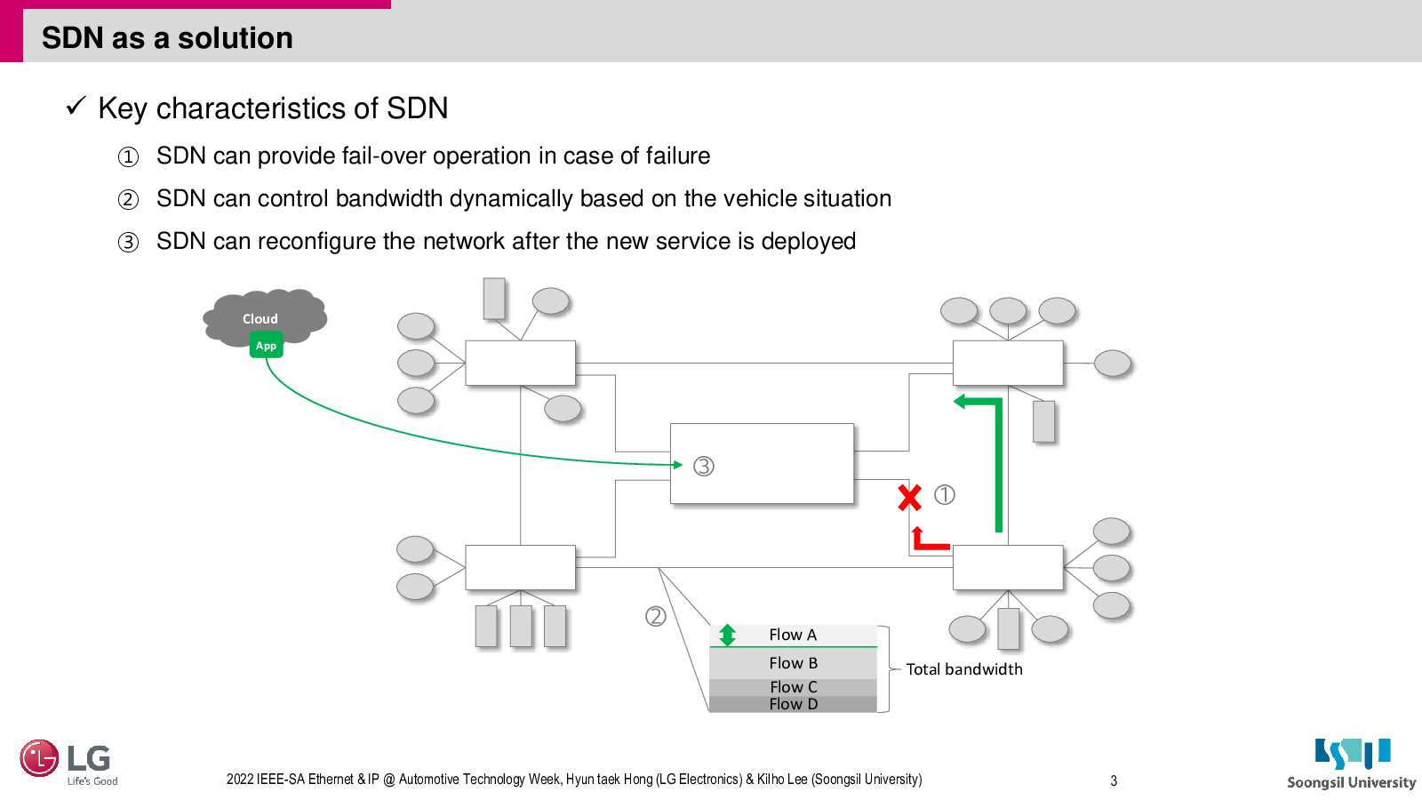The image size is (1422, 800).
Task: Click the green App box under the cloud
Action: point(266,346)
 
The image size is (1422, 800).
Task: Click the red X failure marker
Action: point(910,498)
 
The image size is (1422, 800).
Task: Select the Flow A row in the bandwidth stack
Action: point(793,636)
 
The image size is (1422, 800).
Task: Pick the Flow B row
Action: point(793,663)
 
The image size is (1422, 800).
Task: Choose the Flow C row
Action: point(793,688)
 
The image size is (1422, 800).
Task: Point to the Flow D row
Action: point(793,704)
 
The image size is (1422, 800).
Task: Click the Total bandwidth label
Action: point(963,669)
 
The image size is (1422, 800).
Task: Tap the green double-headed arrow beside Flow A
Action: point(728,636)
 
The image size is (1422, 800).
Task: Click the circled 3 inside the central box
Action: point(703,467)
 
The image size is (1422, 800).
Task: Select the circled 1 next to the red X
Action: point(944,494)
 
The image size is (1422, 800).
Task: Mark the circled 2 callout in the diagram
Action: point(656,617)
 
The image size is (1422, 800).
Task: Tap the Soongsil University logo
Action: point(1352,764)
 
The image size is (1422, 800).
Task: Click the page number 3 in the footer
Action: point(1114,781)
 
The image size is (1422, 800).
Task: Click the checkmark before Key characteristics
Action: point(76,106)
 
